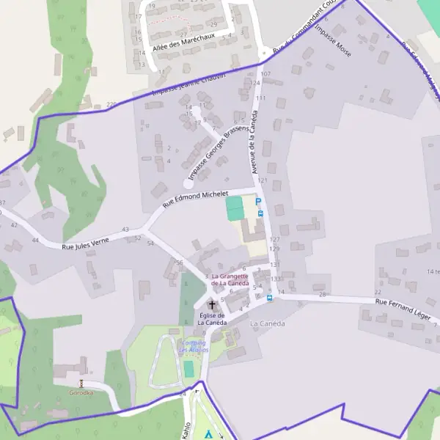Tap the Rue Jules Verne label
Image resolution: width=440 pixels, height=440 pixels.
(89, 243)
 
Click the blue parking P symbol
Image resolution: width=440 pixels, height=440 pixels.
(258, 200)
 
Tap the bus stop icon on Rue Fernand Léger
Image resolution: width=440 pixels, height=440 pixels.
(269, 298)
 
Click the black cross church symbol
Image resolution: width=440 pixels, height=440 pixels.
(212, 304)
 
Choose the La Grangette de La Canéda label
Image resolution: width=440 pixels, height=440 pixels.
(230, 279)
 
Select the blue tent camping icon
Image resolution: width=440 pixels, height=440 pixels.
(208, 433)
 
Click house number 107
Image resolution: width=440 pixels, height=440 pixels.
(265, 75)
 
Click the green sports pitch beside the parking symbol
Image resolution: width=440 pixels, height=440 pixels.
(234, 208)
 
